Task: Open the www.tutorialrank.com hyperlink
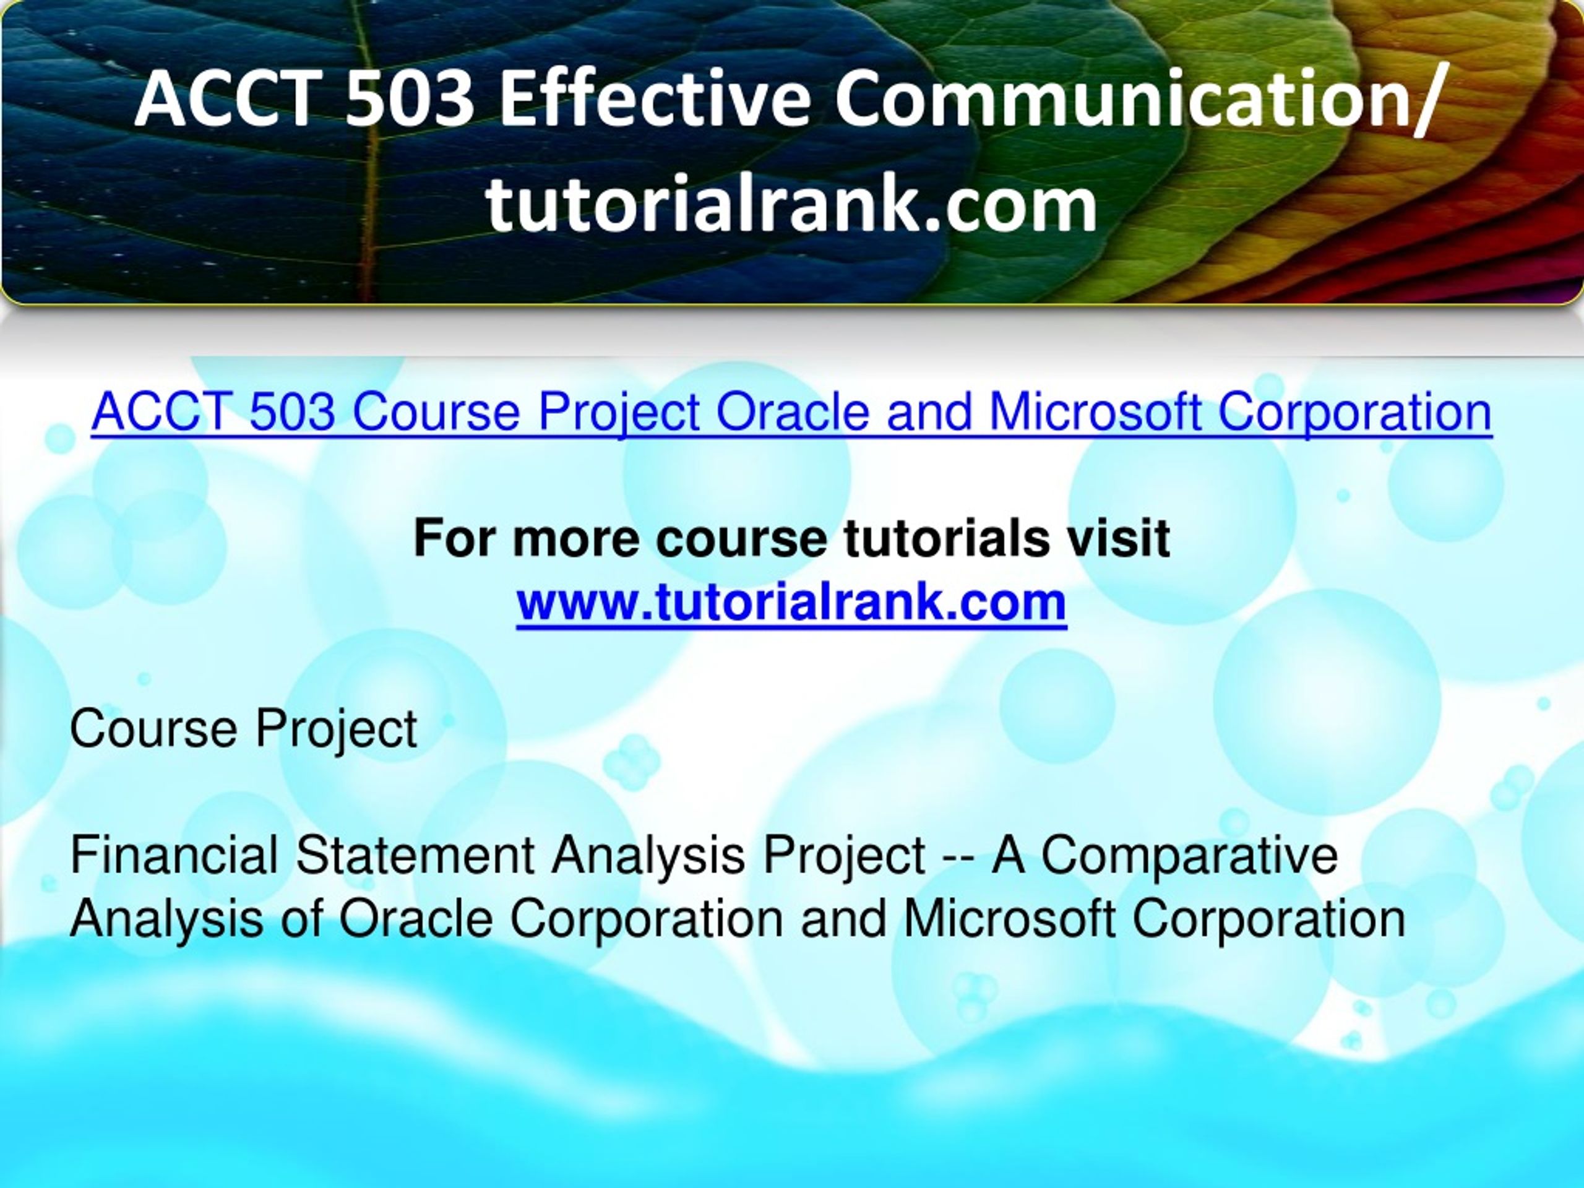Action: [x=791, y=601]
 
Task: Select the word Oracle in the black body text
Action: [x=415, y=919]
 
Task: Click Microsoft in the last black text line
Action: [x=1009, y=919]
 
